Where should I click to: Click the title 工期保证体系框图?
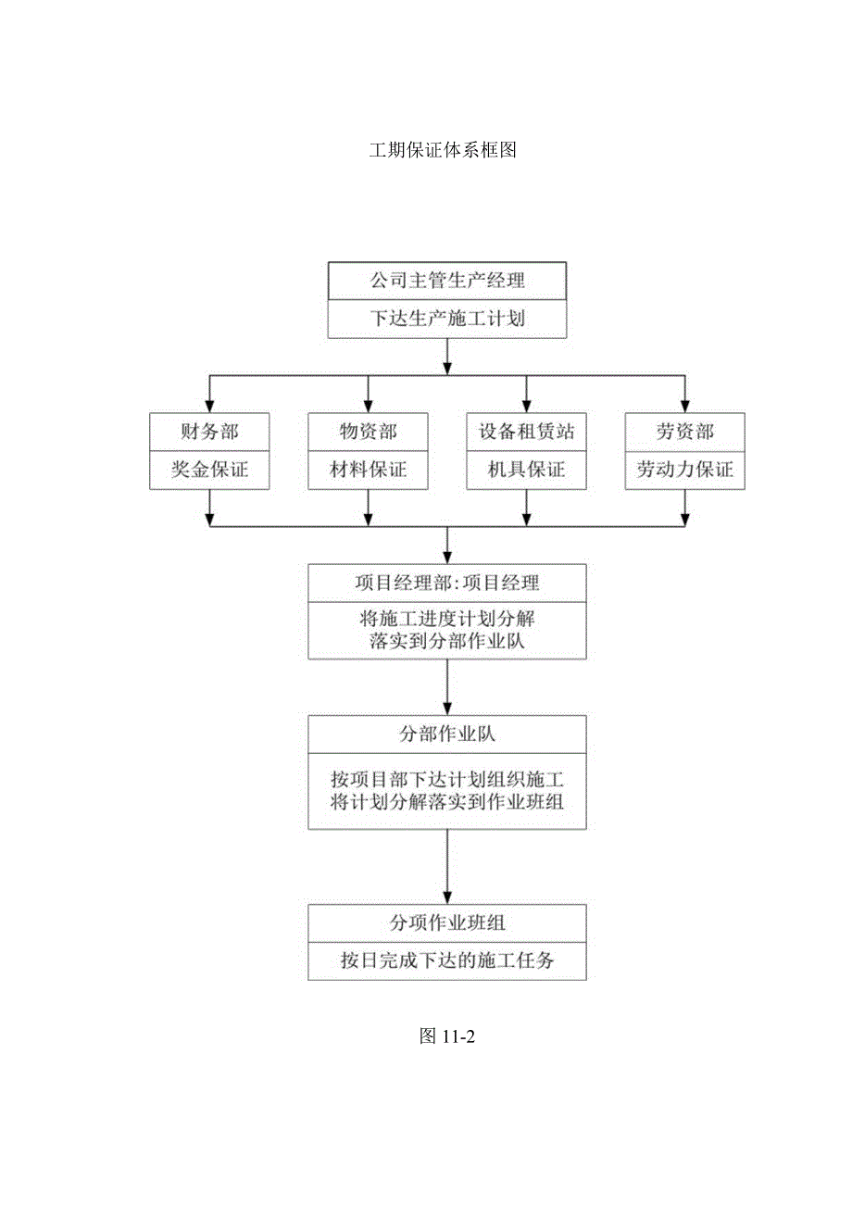[443, 150]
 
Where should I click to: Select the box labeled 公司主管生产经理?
[447, 280]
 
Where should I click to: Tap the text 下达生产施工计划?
[447, 319]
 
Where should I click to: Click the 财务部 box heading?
[210, 431]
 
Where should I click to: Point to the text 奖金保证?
[210, 470]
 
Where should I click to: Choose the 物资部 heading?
[369, 431]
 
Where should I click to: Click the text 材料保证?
[369, 470]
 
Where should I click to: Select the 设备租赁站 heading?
[526, 431]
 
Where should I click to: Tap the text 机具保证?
[526, 470]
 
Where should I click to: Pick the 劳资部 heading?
[684, 431]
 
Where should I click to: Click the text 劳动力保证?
[684, 470]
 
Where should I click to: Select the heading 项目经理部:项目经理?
[447, 583]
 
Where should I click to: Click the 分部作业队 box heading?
[447, 734]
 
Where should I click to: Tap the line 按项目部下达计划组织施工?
[447, 778]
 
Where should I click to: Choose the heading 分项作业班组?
[447, 922]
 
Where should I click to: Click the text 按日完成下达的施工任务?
[447, 960]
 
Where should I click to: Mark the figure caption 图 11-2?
[446, 1036]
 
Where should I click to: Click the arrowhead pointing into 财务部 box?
[210, 405]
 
